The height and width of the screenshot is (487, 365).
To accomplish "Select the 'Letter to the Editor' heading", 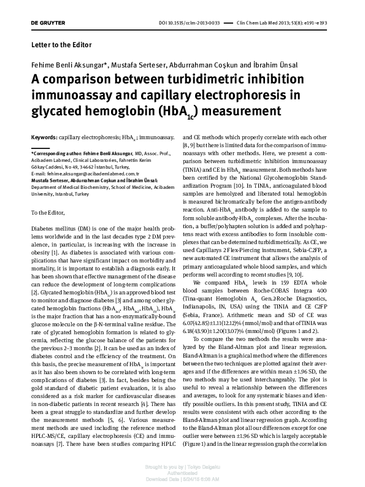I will (x=61, y=45).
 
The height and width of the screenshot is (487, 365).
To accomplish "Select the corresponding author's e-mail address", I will (x=99, y=174).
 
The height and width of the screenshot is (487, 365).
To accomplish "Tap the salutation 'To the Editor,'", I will (x=50, y=212).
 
